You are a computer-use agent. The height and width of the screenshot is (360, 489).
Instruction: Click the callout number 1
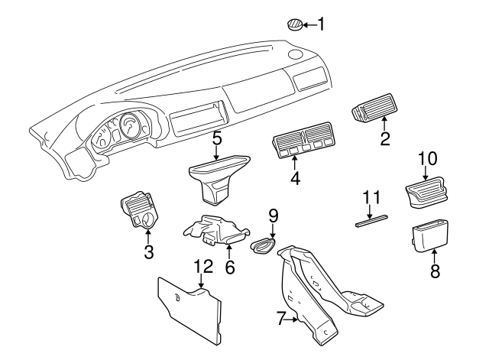click(x=321, y=25)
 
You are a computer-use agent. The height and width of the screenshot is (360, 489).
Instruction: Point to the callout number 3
click(x=149, y=251)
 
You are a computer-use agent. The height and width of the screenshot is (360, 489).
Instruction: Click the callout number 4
click(x=293, y=180)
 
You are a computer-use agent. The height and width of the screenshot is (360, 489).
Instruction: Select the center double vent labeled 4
click(x=303, y=144)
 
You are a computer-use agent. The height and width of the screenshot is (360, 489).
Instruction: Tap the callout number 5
click(x=217, y=138)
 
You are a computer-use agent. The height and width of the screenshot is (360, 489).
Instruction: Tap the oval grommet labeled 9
click(x=264, y=246)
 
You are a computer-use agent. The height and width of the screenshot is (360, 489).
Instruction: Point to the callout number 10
click(x=428, y=158)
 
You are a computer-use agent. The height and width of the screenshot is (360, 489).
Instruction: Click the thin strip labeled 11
click(x=372, y=222)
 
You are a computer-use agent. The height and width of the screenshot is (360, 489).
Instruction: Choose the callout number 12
click(x=202, y=267)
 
